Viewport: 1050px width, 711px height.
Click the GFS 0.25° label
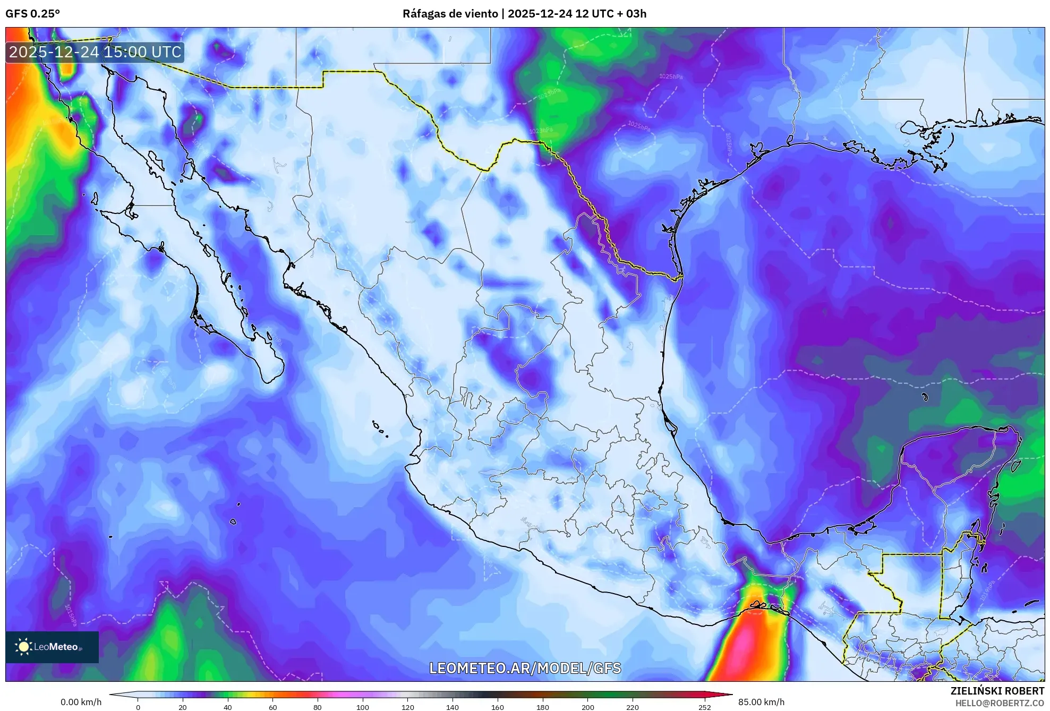[x=32, y=14]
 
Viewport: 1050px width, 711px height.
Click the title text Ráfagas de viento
[x=450, y=14]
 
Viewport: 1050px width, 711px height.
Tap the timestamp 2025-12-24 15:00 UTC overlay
[x=95, y=52]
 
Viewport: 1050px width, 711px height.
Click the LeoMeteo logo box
[x=52, y=647]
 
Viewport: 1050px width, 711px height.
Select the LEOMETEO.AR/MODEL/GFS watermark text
[x=525, y=668]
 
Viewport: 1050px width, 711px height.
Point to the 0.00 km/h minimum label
[x=81, y=702]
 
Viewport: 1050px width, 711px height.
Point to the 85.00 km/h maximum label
[x=761, y=702]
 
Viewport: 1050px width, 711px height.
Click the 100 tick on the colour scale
[x=363, y=707]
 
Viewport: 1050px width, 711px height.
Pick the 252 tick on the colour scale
[x=704, y=707]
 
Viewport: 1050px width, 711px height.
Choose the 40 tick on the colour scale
[x=228, y=707]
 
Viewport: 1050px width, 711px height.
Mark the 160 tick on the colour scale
[x=498, y=707]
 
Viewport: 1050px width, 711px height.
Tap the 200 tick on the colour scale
[x=588, y=707]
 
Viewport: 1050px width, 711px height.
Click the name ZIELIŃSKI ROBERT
[x=997, y=691]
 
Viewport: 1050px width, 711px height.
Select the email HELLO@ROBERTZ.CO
[x=1000, y=703]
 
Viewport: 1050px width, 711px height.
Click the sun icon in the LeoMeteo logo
[x=23, y=647]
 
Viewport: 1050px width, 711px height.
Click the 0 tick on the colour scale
[x=138, y=707]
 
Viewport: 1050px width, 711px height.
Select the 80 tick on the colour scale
[x=318, y=707]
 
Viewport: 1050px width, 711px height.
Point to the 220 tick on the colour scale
[x=633, y=707]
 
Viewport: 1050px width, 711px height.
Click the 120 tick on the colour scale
[x=408, y=707]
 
